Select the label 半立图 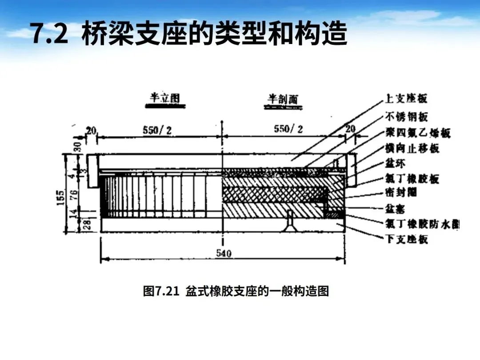165,98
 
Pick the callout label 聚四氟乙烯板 417,132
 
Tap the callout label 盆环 394,164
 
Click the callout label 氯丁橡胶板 412,179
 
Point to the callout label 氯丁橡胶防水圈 422,224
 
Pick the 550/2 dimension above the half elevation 157,129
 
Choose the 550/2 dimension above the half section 288,129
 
